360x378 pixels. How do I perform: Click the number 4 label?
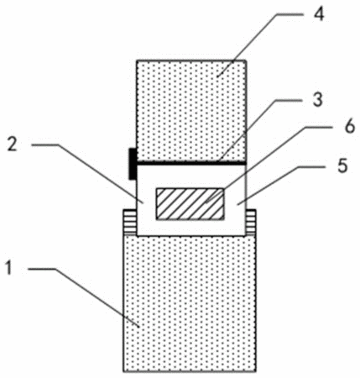(x=319, y=14)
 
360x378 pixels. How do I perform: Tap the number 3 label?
(x=317, y=99)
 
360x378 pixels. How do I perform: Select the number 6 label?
(x=349, y=126)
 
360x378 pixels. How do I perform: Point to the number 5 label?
(x=342, y=165)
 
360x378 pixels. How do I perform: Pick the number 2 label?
(x=12, y=144)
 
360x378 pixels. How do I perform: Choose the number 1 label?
(x=9, y=268)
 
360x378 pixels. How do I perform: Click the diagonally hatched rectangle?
(x=190, y=204)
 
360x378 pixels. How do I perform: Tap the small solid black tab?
(x=132, y=164)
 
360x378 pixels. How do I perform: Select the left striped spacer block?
(x=130, y=223)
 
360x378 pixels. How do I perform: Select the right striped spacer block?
(x=251, y=222)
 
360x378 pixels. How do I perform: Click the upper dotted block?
(x=191, y=111)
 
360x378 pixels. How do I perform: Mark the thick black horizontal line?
(x=190, y=162)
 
